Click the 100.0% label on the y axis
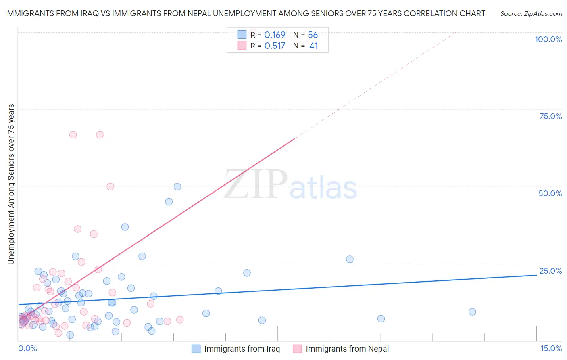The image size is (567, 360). [548, 39]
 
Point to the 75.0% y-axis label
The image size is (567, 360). [550, 116]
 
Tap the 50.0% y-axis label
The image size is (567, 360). [550, 193]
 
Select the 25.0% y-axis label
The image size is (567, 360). [550, 271]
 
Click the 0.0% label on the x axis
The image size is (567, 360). [27, 348]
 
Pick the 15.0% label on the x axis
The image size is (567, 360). [551, 348]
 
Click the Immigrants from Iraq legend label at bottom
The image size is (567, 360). [242, 349]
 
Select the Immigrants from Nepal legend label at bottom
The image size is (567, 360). [347, 349]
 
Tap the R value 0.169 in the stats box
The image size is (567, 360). [275, 35]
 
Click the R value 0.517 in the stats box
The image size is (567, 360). [275, 46]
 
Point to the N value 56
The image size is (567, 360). [313, 35]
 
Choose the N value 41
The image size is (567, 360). [313, 46]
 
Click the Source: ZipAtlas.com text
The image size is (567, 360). [531, 14]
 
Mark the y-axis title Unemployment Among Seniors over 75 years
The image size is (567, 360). [11, 184]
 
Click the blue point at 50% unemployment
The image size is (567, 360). [177, 186]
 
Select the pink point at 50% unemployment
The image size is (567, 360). [110, 186]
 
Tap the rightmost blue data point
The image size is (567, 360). [472, 312]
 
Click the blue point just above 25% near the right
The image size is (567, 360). [350, 259]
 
